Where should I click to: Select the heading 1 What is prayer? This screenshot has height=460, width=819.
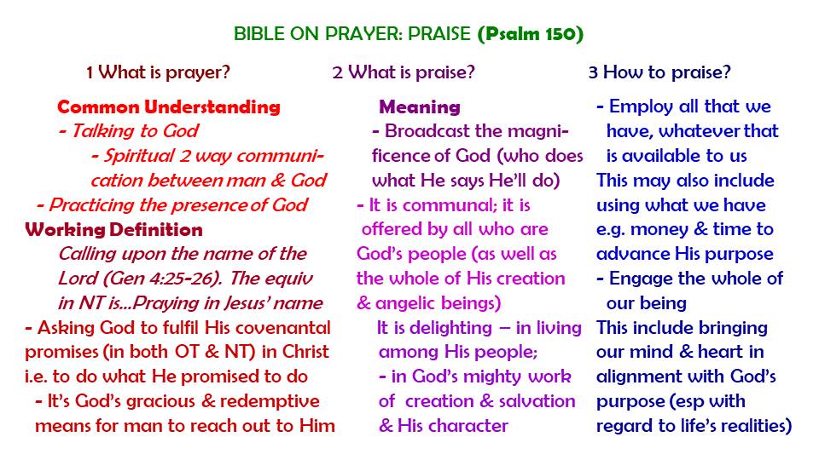click(x=159, y=72)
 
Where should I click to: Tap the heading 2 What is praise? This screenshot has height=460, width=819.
click(x=404, y=72)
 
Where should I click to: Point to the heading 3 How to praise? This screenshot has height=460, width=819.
click(x=659, y=72)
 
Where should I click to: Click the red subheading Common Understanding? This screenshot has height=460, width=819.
click(x=169, y=107)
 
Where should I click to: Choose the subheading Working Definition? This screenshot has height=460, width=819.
click(x=113, y=229)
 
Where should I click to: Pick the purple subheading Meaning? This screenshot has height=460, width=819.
click(x=420, y=107)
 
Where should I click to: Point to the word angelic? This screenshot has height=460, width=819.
click(x=412, y=303)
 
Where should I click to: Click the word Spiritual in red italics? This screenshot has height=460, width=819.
click(x=138, y=156)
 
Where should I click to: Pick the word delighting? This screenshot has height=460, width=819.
click(x=450, y=328)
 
